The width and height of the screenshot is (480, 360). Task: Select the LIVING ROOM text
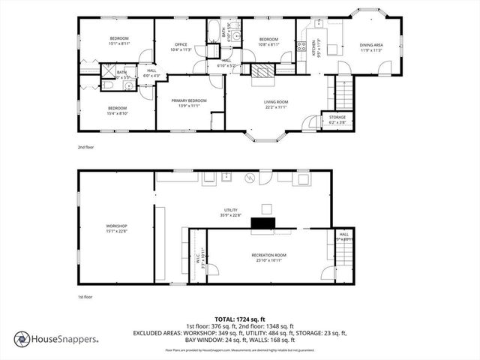[275, 103]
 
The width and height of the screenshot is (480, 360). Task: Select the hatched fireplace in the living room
[262, 71]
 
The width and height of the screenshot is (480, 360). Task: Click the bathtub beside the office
[214, 32]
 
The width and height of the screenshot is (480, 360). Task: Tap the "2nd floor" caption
[86, 148]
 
